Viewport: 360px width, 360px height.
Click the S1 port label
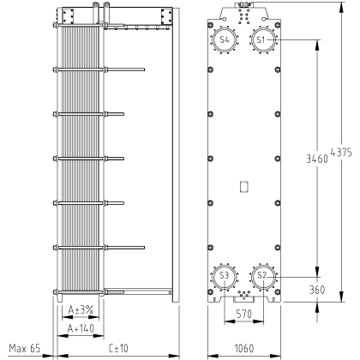[261, 39]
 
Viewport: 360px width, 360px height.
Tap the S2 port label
[261, 275]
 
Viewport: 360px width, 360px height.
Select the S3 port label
[225, 275]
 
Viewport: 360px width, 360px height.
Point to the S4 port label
[225, 39]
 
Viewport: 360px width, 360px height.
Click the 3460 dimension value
[317, 159]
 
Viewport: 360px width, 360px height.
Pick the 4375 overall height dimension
[341, 153]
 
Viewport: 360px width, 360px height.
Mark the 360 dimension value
[317, 290]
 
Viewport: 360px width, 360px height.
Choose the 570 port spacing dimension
[244, 314]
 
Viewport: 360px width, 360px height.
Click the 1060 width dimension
[244, 348]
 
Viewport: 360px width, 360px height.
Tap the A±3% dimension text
[81, 309]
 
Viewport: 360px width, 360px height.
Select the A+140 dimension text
[81, 328]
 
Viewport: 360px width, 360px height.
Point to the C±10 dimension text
[118, 348]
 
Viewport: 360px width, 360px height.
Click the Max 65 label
[25, 348]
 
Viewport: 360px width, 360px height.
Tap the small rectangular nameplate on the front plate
[244, 187]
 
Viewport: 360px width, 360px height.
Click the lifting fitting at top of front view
[243, 4]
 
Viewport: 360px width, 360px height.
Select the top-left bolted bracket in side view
[69, 16]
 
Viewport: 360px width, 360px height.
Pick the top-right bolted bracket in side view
[166, 16]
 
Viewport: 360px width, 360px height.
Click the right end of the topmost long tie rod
[144, 69]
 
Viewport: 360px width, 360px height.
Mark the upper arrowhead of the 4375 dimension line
[341, 8]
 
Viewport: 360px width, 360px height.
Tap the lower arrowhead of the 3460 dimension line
[317, 272]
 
